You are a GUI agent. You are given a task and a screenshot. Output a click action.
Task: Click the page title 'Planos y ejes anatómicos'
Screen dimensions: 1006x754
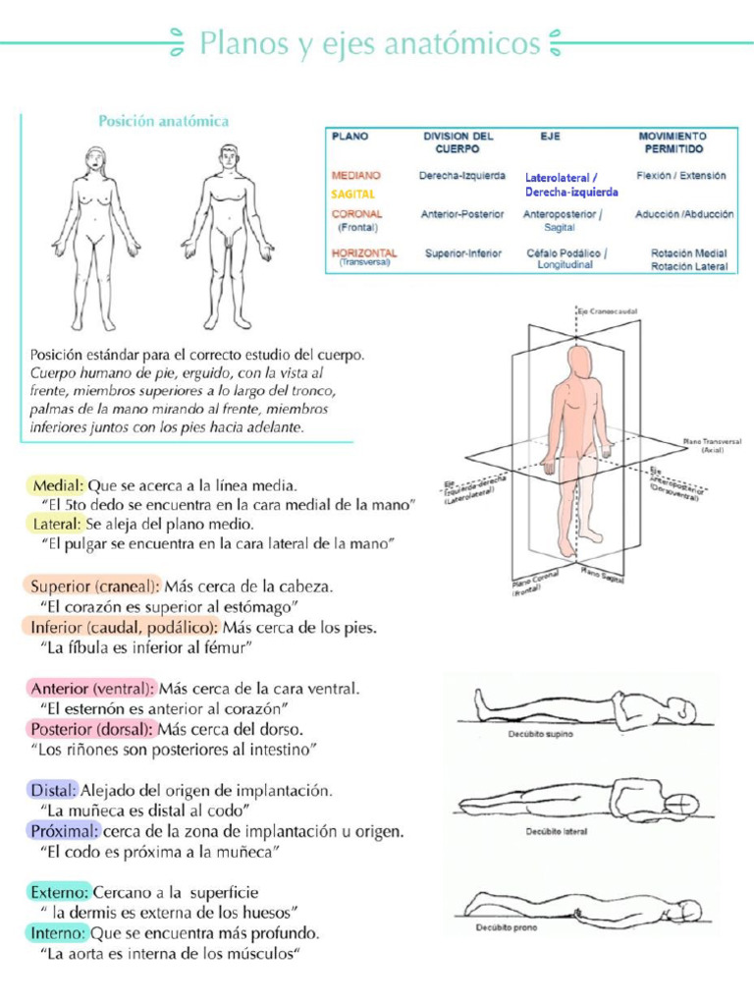[370, 43]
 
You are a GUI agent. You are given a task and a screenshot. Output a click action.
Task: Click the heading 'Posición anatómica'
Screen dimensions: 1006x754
[163, 122]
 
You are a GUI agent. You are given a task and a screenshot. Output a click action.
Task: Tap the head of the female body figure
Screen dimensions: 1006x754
[95, 158]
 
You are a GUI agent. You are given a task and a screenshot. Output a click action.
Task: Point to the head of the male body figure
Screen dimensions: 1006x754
[229, 156]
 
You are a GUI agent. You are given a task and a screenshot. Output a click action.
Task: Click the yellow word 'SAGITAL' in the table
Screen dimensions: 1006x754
[353, 195]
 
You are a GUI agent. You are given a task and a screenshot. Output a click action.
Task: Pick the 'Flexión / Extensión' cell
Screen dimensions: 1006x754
[680, 176]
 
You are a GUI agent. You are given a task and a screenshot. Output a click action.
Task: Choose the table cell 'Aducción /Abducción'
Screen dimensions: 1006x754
[684, 213]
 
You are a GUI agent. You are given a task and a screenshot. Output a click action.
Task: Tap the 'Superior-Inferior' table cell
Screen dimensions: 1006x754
[462, 253]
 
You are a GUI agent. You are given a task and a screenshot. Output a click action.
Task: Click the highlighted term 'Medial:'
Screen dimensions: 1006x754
[57, 485]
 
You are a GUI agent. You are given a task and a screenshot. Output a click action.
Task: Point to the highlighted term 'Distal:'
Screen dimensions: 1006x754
[53, 790]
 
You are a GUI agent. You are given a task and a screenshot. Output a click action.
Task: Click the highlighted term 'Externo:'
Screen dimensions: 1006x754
[60, 892]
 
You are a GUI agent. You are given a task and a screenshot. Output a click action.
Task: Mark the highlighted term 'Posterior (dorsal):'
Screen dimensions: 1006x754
[91, 730]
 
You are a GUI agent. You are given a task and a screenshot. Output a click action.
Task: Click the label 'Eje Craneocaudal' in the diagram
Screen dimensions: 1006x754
[609, 310]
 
